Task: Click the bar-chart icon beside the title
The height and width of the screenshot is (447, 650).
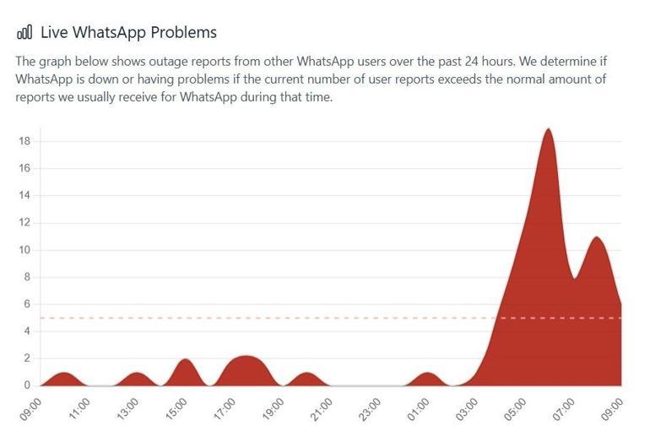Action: point(24,33)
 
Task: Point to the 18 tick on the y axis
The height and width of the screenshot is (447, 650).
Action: point(24,141)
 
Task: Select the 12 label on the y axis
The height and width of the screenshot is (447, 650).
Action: point(24,222)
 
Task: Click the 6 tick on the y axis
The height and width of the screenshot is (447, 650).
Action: point(27,304)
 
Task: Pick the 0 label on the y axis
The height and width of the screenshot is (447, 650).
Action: point(27,385)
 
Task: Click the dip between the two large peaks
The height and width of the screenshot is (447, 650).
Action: point(574,277)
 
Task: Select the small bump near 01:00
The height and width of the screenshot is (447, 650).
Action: point(429,373)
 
